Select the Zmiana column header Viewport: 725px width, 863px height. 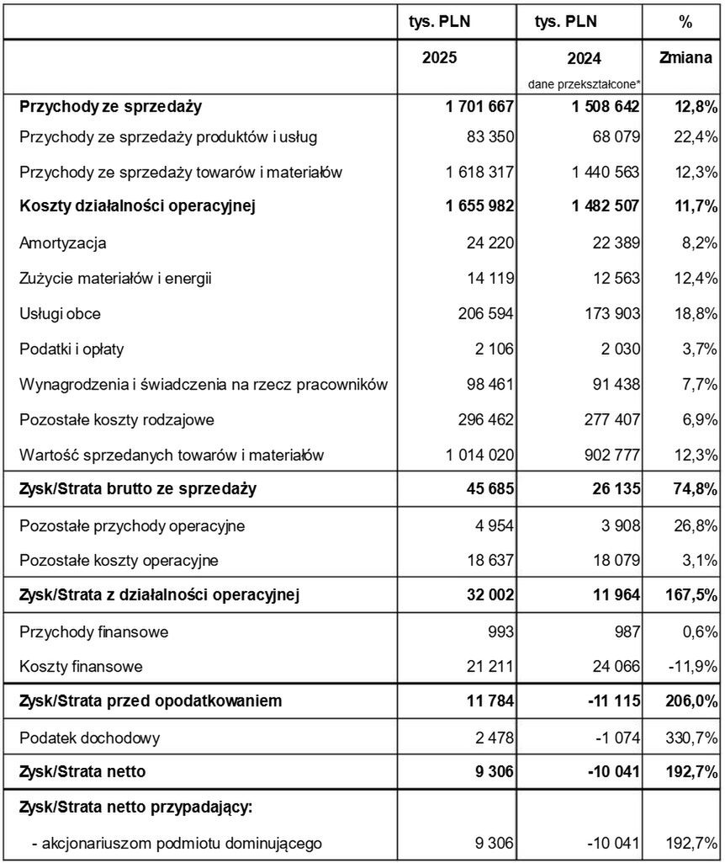pos(685,60)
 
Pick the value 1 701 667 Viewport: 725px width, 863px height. pos(476,107)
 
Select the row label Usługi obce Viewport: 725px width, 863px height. pos(61,314)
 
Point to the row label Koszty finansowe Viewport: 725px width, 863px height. pos(81,667)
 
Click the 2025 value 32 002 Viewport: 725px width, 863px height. pos(487,596)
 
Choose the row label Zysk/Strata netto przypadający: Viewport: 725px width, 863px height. pos(136,807)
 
